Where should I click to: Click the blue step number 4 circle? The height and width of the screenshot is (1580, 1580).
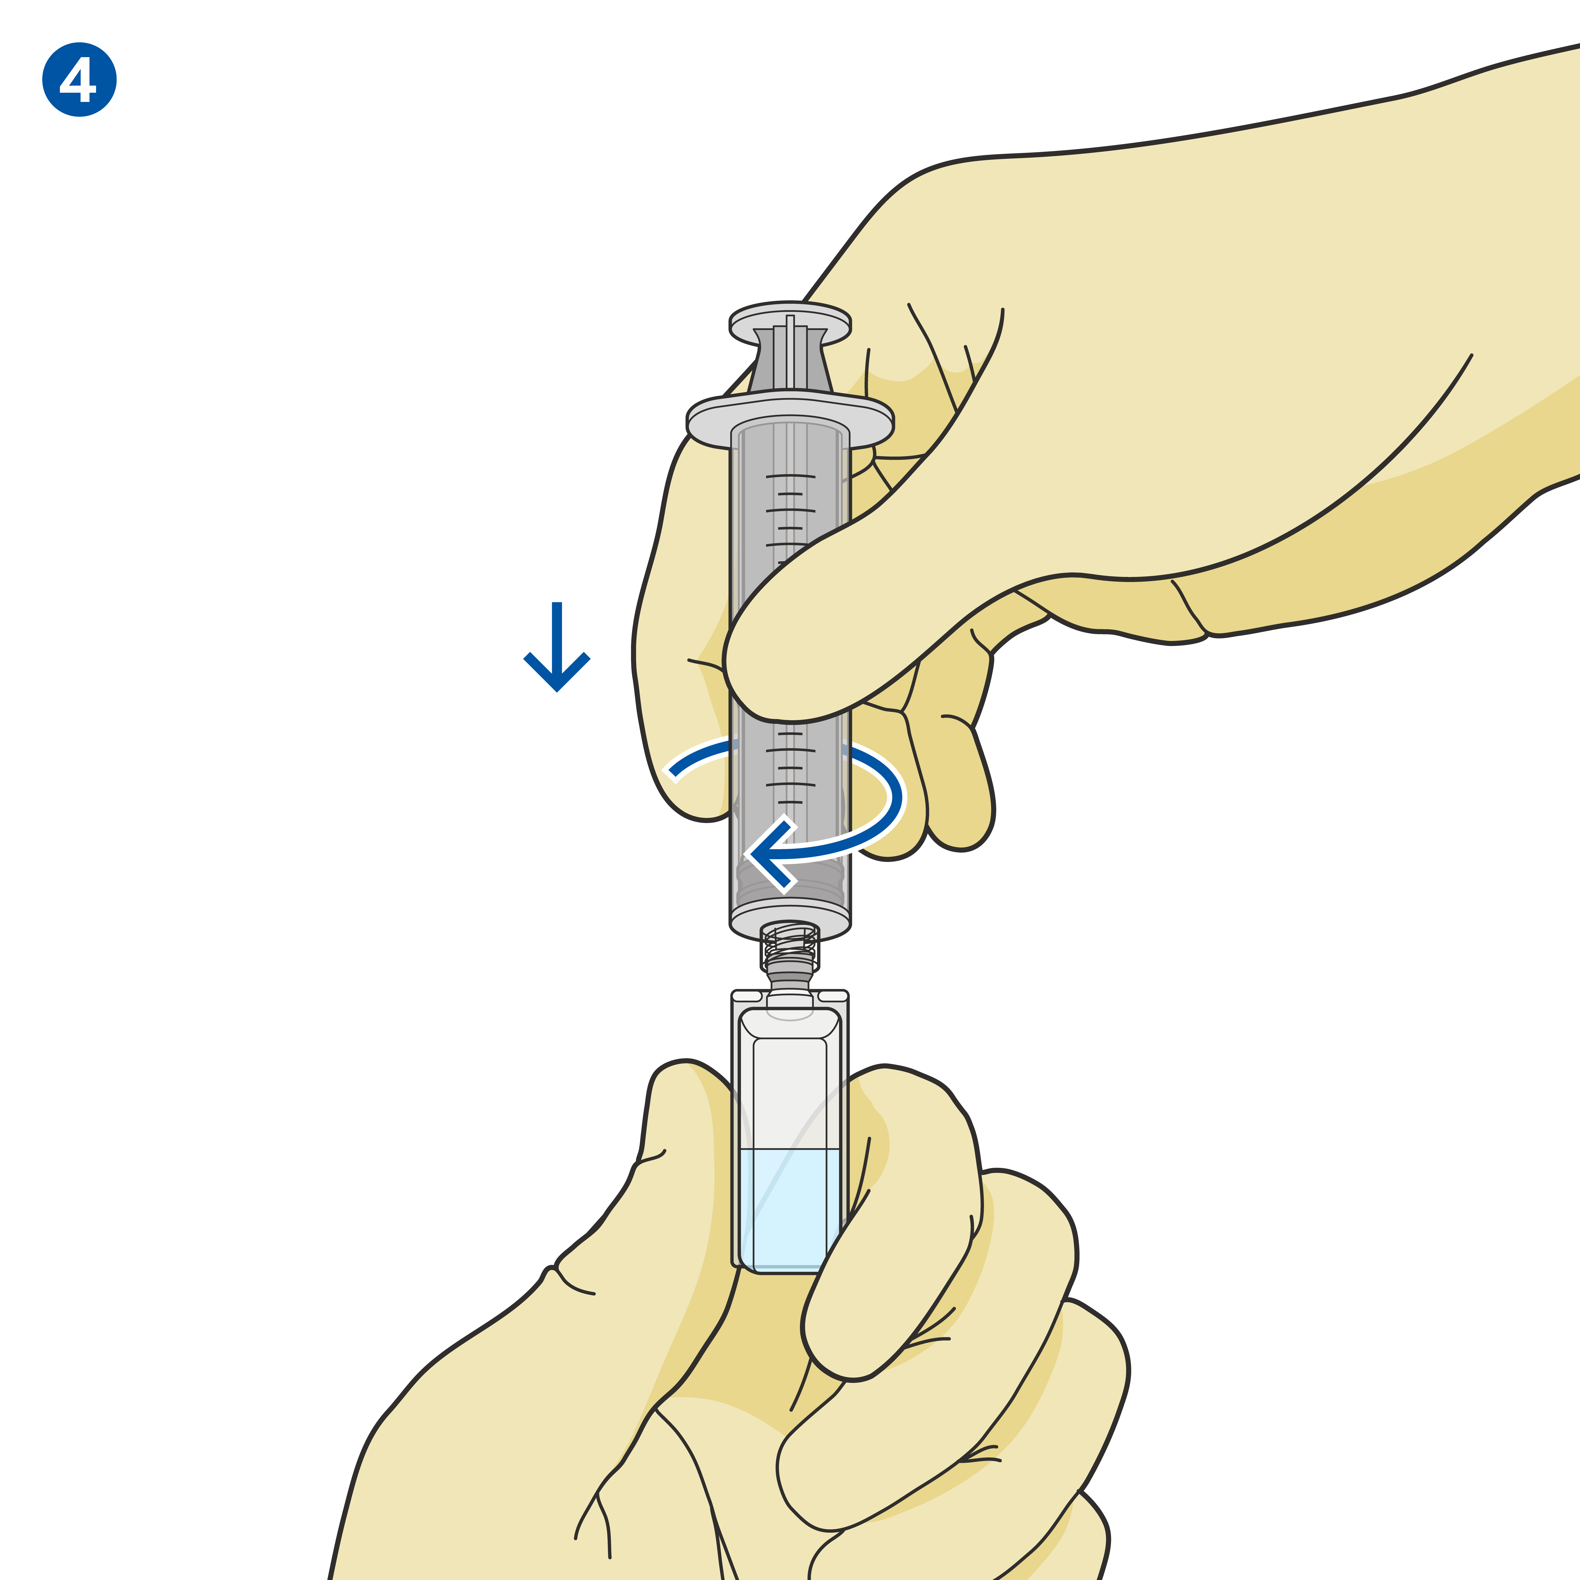pos(79,79)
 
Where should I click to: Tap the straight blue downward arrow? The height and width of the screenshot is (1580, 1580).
pos(557,646)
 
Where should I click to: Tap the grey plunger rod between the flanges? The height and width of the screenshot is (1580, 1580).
pos(790,360)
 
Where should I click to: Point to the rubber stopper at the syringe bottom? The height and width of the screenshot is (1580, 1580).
pos(790,883)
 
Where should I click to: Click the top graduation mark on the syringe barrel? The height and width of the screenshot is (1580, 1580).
pos(790,475)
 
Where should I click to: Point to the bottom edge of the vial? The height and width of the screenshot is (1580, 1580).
pos(790,1270)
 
